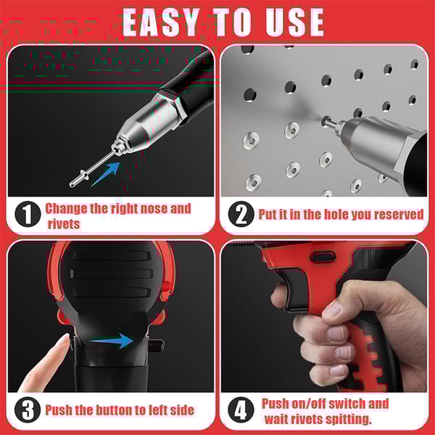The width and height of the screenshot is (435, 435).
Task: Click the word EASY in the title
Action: (x=165, y=21)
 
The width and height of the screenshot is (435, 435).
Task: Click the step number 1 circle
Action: (x=27, y=215)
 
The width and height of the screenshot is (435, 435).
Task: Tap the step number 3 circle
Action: (x=27, y=410)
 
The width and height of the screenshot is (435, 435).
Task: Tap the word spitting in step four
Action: (x=347, y=418)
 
